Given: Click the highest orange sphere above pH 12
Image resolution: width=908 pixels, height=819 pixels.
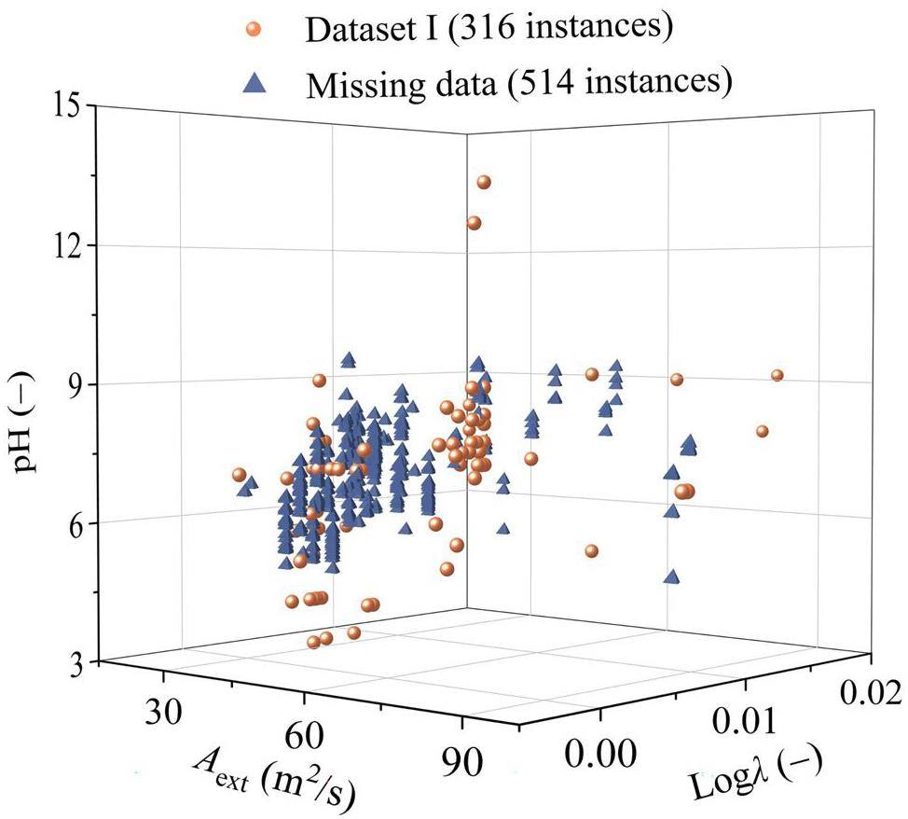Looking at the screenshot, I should pos(484,182).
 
